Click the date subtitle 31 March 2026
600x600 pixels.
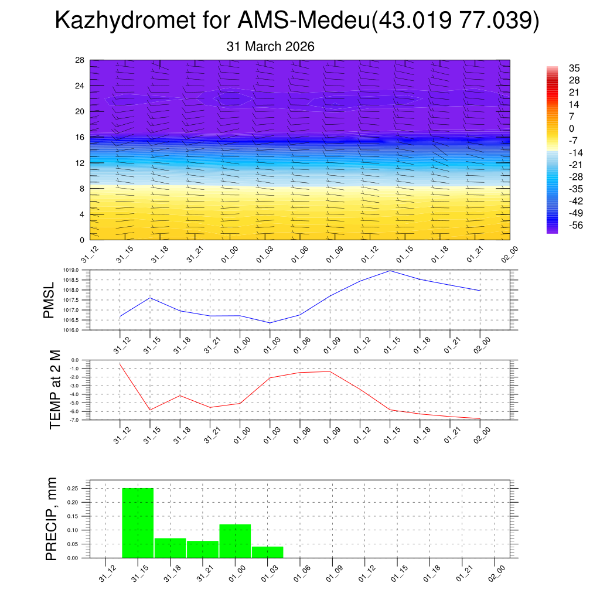tap(270, 47)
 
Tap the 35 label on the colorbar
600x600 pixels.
tap(574, 69)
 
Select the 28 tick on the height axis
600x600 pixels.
tap(80, 60)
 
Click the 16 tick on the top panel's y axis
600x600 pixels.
tap(80, 137)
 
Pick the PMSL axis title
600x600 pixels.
tap(49, 300)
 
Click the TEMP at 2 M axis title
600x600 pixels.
tap(55, 390)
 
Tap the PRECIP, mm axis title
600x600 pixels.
tap(52, 519)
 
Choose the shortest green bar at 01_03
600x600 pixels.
tap(268, 552)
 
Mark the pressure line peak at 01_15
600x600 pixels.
tap(390, 271)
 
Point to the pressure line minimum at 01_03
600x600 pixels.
tap(270, 323)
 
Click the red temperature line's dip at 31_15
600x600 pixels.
tap(150, 410)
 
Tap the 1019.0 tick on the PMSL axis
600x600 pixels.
tap(97, 271)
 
